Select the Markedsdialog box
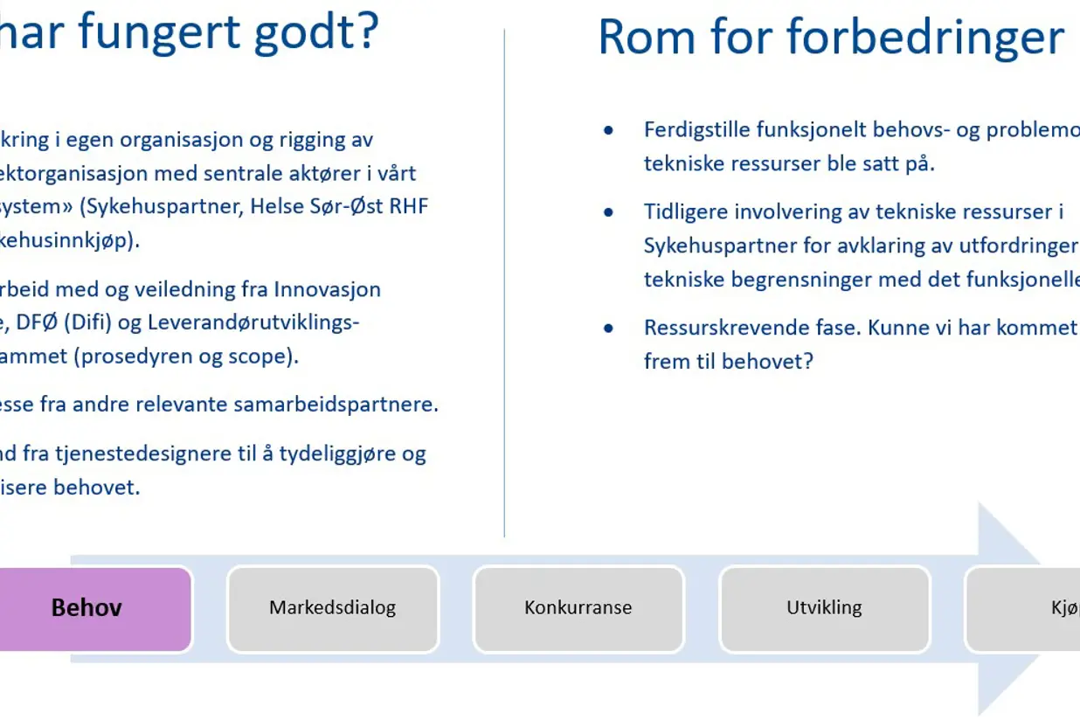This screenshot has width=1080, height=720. pyautogui.click(x=332, y=608)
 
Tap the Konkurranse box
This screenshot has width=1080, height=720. pyautogui.click(x=578, y=608)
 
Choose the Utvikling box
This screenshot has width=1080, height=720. pyautogui.click(x=824, y=608)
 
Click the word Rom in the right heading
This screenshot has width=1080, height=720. pyautogui.click(x=643, y=38)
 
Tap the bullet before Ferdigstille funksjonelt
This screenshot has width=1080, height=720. pyautogui.click(x=609, y=131)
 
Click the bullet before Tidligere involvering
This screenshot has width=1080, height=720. pyautogui.click(x=609, y=212)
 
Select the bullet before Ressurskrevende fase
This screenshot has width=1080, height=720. pyautogui.click(x=609, y=329)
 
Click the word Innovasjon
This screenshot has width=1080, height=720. pyautogui.click(x=327, y=288)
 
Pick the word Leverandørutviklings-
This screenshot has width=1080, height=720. pyautogui.click(x=253, y=322)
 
